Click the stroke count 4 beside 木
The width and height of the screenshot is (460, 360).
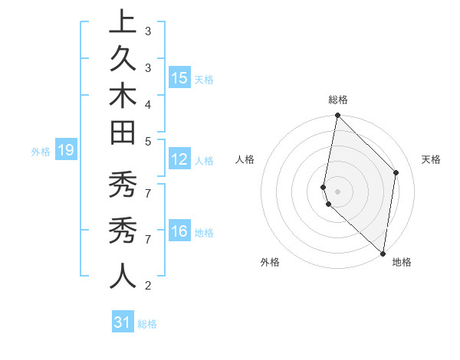click(148, 104)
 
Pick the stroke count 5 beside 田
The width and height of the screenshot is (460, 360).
click(148, 141)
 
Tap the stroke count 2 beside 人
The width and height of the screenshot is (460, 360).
click(148, 286)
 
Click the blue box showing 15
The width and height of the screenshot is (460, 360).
click(179, 78)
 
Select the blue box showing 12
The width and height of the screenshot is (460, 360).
click(179, 160)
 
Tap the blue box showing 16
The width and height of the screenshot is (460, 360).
click(179, 232)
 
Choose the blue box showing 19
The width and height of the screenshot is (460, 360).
click(65, 151)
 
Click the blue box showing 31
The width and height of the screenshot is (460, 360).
click(123, 322)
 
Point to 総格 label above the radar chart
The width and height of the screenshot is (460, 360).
click(338, 100)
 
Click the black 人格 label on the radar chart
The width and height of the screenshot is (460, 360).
click(245, 159)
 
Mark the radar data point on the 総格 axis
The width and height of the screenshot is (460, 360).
click(337, 116)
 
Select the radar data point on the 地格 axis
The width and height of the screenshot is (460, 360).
click(383, 253)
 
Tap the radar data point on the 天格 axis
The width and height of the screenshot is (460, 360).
click(396, 172)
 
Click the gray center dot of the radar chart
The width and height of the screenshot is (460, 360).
click(337, 191)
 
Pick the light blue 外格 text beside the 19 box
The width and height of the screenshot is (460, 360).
click(41, 152)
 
